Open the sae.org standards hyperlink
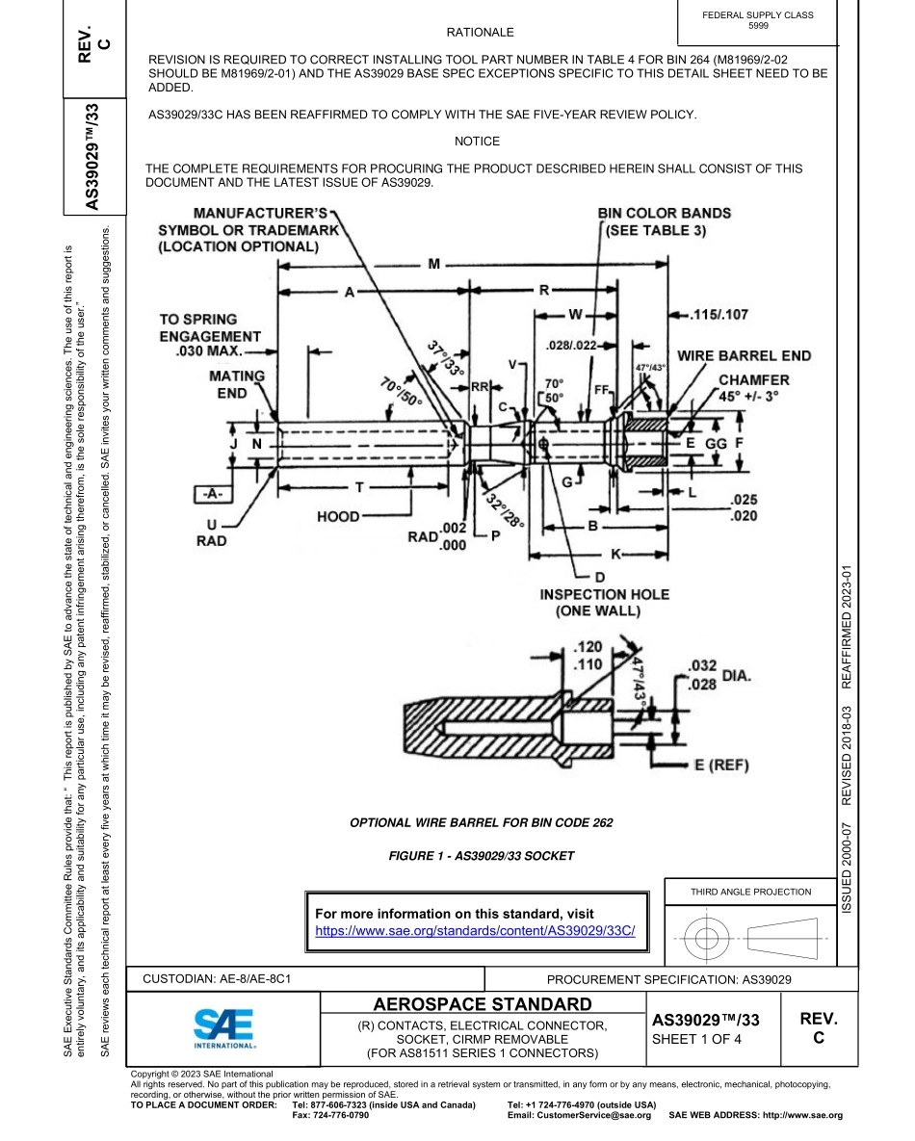click(475, 931)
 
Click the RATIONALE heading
click(480, 33)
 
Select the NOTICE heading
click(477, 142)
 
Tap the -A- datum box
click(214, 493)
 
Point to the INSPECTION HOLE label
click(604, 602)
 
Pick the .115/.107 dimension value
click(719, 315)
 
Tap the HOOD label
click(338, 517)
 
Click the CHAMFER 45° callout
click(753, 388)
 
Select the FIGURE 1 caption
click(480, 855)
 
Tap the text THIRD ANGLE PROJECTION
click(750, 892)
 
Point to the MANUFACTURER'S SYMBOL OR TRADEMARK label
click(248, 229)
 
